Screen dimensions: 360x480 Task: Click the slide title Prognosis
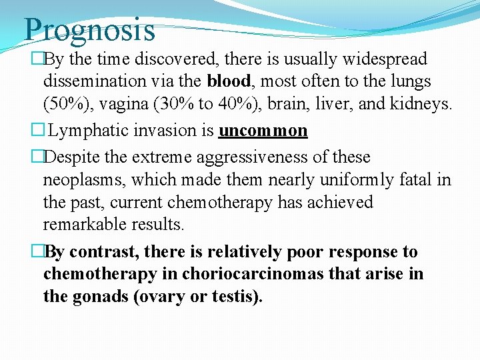pyautogui.click(x=89, y=30)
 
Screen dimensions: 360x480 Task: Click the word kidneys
pyautogui.click(x=424, y=104)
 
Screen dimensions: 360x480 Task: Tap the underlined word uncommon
pyautogui.click(x=263, y=131)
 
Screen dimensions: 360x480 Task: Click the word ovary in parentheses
pyautogui.click(x=160, y=297)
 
